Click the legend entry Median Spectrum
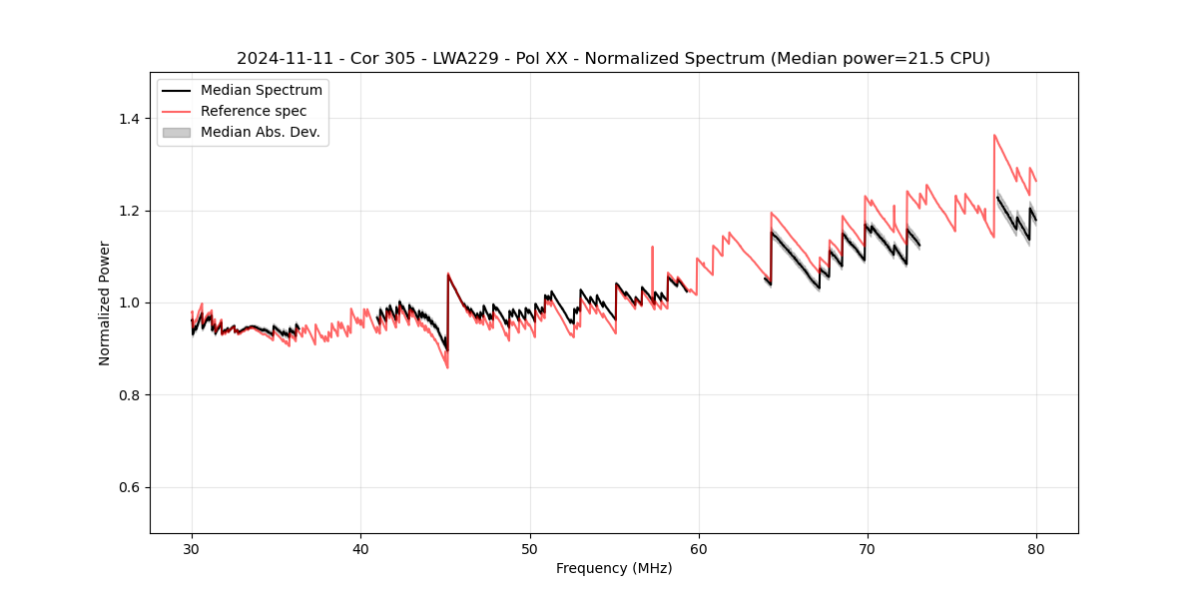click(261, 91)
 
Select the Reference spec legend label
click(254, 111)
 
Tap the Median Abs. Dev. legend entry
click(260, 132)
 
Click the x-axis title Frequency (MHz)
click(614, 568)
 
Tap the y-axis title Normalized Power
click(105, 302)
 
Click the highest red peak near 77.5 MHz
click(994, 135)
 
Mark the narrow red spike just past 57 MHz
click(652, 247)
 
